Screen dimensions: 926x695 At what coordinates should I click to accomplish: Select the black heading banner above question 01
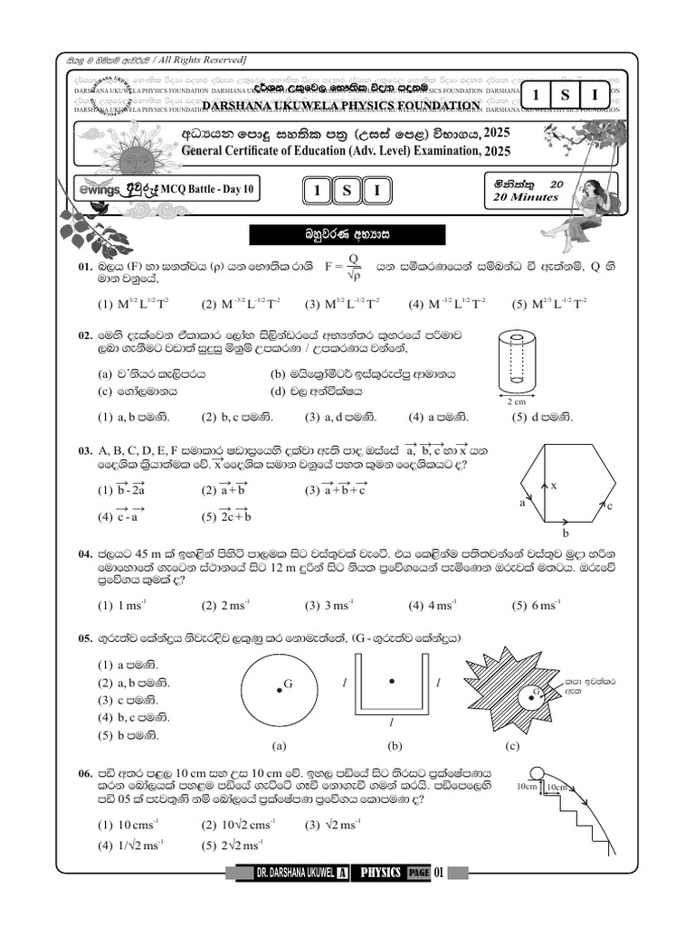coord(347,235)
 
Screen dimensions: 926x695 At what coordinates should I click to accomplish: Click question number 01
coord(85,268)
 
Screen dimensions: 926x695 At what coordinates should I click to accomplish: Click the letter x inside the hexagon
coord(554,486)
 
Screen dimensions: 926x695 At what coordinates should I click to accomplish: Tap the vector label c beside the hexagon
coord(611,506)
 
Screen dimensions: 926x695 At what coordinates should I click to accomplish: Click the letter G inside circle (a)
coord(288,685)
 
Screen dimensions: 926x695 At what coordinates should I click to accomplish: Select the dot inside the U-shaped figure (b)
coord(391,680)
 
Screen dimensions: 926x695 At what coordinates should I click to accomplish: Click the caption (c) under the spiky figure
coord(513,746)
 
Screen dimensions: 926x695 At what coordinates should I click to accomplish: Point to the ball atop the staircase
coord(535,771)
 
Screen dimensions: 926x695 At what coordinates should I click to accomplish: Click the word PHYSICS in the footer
coord(380,873)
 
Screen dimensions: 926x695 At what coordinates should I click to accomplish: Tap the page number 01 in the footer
coord(440,873)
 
